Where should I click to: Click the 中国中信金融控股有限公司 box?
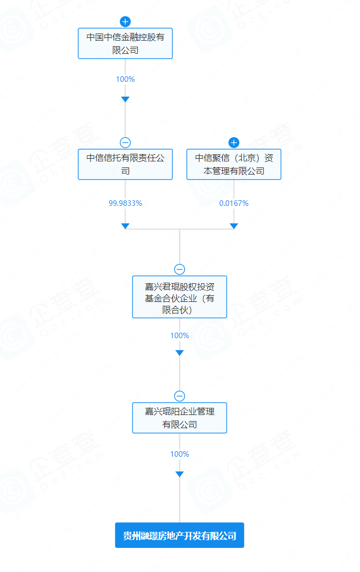point(125,43)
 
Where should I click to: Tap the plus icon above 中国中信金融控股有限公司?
point(125,22)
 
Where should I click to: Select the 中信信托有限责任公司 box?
point(125,164)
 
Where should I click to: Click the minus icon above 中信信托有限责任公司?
point(125,143)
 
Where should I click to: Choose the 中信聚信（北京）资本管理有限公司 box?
point(234,164)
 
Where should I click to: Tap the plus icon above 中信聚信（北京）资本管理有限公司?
point(234,143)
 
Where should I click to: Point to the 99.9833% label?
point(125,203)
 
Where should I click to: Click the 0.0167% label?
point(234,203)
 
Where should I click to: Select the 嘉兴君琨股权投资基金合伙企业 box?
point(179,297)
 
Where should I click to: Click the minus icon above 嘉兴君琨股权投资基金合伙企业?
point(179,269)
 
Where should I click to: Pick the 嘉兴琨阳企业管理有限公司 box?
point(179,418)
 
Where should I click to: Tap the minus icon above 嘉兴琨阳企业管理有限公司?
point(179,396)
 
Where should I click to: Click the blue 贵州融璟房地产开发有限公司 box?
point(179,535)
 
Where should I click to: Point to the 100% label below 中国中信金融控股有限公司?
point(125,79)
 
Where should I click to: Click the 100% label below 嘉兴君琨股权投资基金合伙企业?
point(179,335)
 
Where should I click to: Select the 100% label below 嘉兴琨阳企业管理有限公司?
point(179,454)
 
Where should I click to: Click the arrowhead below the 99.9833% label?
point(125,226)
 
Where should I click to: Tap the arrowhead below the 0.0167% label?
point(234,226)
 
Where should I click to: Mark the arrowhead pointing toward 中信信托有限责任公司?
point(125,99)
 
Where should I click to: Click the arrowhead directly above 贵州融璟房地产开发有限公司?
point(179,474)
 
